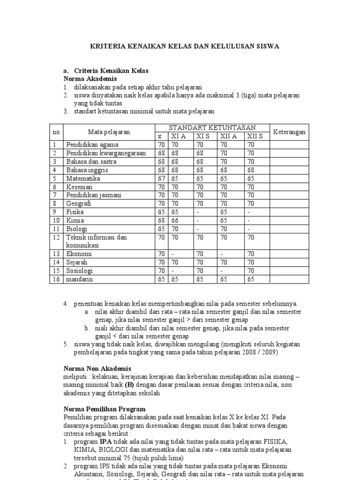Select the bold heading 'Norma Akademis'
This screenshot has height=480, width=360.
pos(90,79)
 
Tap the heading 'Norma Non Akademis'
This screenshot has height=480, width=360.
pos(97,368)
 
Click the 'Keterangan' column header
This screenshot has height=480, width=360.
pos(289,132)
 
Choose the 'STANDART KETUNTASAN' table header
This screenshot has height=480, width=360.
pos(212,127)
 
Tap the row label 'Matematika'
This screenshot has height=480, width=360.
pos(83,179)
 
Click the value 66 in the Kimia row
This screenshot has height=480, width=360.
pos(175,220)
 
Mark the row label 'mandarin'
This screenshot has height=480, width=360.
pos(80,279)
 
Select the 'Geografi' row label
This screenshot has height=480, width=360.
pos(79,204)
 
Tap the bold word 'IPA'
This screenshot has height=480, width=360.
pos(105,442)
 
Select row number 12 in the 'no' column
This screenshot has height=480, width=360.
pos(56,237)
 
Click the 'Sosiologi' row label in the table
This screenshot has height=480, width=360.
pos(79,271)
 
